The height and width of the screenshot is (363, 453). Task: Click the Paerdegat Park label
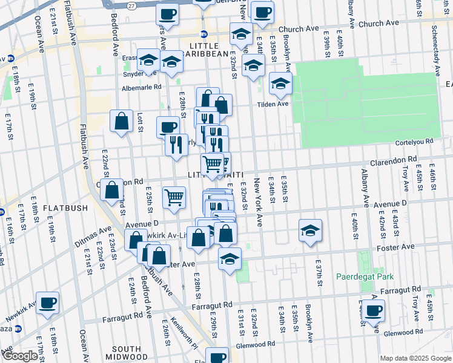click(365, 276)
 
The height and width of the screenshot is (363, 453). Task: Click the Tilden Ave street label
click(274, 103)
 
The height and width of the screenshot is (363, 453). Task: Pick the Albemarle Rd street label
click(142, 87)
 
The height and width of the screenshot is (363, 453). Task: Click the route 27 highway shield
click(131, 4)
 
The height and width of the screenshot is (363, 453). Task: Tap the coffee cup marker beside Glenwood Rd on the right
click(373, 310)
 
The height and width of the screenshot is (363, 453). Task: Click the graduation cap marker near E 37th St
click(310, 230)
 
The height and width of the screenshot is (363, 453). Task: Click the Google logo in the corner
click(20, 356)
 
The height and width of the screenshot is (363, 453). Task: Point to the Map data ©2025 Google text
click(415, 358)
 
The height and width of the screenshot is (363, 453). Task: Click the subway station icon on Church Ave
click(204, 34)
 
